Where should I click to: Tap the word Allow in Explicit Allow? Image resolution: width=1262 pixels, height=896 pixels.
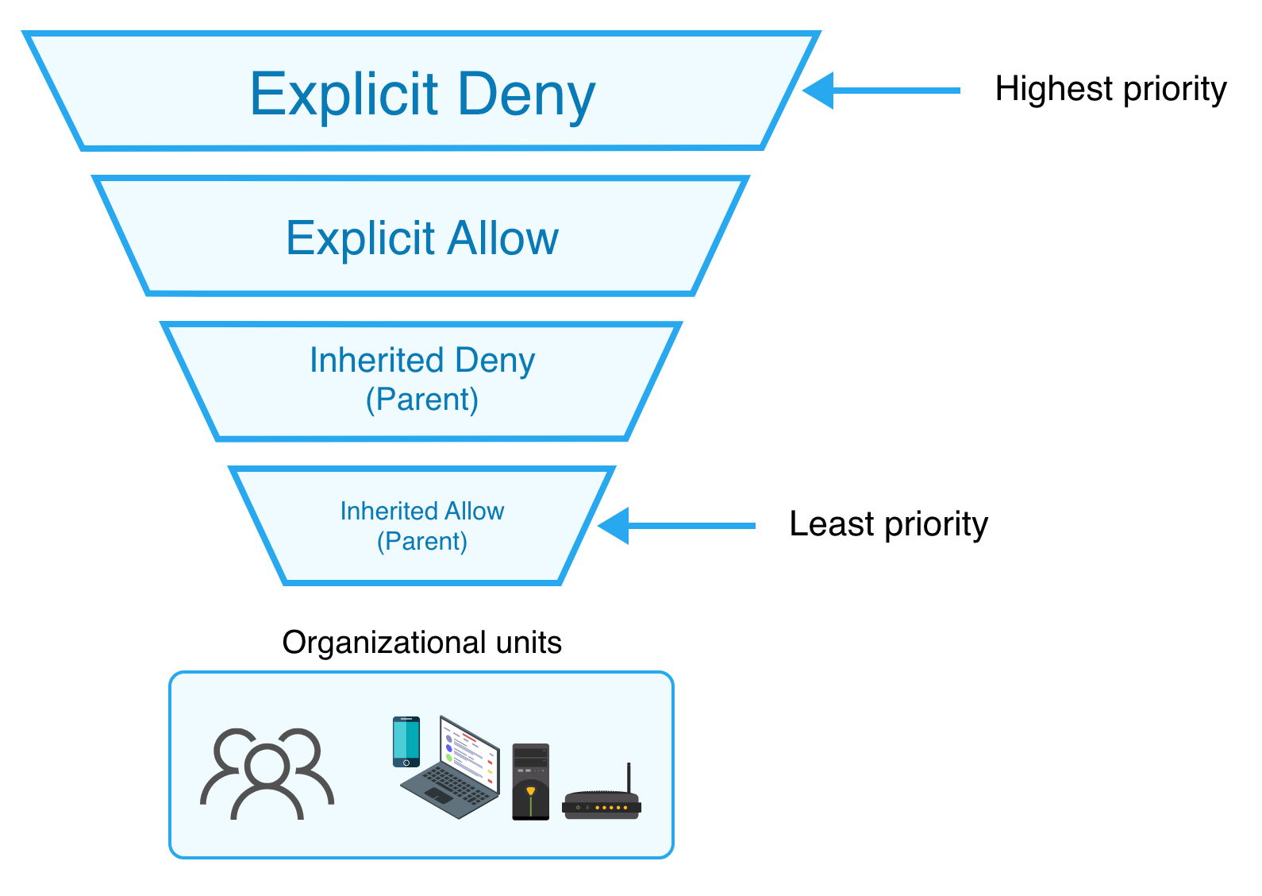(x=502, y=238)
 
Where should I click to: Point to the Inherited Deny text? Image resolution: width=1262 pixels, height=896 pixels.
(x=422, y=361)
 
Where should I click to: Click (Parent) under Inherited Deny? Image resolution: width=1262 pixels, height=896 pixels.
(x=422, y=400)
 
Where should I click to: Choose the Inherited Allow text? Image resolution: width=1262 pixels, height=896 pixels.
(x=422, y=511)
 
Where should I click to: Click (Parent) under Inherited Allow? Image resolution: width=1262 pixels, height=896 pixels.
(x=422, y=542)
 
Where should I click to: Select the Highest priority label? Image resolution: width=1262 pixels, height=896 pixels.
(x=1110, y=89)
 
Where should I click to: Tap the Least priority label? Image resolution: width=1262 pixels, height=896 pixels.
(x=888, y=524)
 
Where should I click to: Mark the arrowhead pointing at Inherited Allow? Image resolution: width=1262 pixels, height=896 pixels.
(x=614, y=525)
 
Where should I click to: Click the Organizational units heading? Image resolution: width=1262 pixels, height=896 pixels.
(x=421, y=642)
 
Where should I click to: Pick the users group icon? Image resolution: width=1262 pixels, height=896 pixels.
(x=267, y=773)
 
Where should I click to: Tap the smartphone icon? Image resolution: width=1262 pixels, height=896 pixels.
(x=406, y=741)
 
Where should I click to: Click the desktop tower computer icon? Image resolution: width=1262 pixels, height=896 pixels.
(x=530, y=782)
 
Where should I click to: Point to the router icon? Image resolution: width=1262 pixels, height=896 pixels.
(x=601, y=805)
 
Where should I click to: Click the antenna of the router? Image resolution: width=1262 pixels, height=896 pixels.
(x=629, y=777)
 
